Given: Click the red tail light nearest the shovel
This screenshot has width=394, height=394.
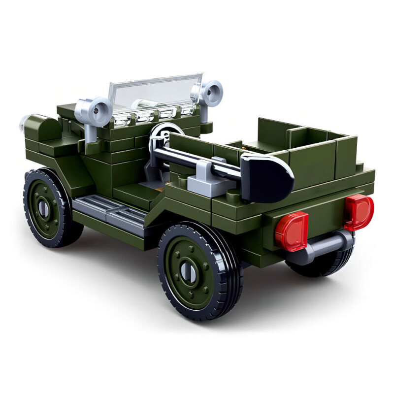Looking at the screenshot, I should point(292,231).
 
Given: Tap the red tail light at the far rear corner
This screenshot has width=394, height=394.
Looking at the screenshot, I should point(359,212).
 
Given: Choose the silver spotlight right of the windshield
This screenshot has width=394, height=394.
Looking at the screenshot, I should point(209,93).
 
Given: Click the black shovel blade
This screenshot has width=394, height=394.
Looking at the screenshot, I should point(266,178).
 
